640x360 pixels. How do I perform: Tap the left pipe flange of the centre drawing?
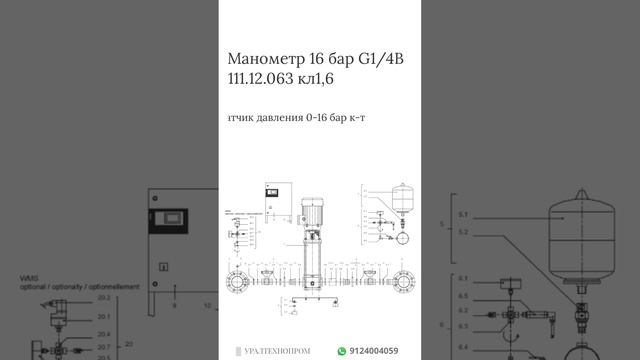pyautogui.click(x=237, y=280)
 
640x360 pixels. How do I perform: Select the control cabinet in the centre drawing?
pyautogui.click(x=276, y=200)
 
